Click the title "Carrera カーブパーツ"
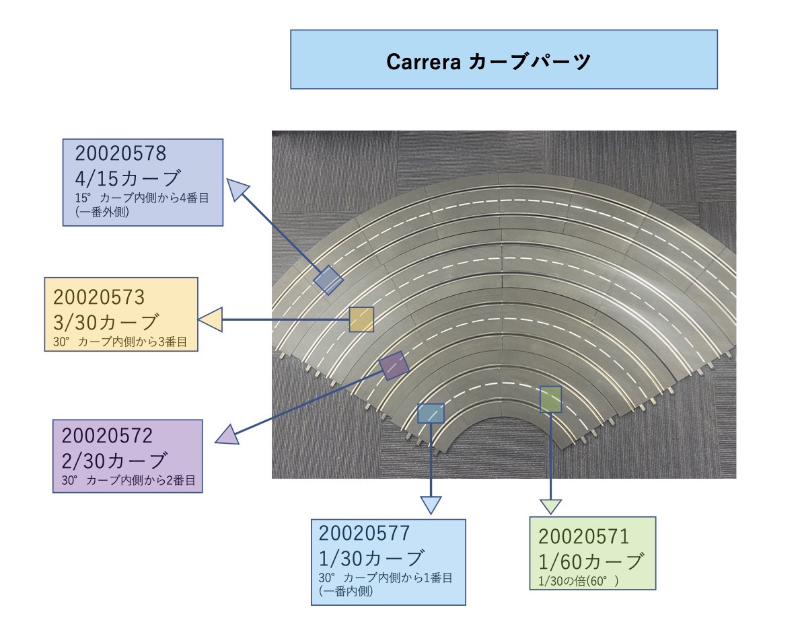click(x=488, y=62)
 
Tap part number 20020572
click(x=108, y=436)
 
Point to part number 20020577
click(x=364, y=533)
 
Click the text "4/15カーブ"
click(x=128, y=179)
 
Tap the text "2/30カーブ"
click(x=114, y=461)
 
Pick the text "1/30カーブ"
click(x=371, y=558)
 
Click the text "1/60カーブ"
click(x=591, y=560)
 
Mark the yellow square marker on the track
click(x=361, y=319)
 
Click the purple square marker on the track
click(x=394, y=365)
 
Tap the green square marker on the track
click(x=550, y=399)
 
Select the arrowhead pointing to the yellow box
click(x=211, y=319)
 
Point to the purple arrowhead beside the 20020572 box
click(x=226, y=436)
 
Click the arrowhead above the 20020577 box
click(x=430, y=505)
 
